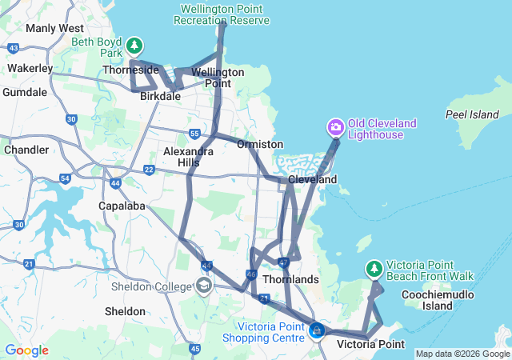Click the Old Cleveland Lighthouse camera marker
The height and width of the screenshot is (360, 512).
coord(336,127)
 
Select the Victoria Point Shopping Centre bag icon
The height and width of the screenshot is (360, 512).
coord(317,330)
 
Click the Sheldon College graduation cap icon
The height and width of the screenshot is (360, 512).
coord(204,286)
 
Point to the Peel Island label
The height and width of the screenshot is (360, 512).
coord(472,114)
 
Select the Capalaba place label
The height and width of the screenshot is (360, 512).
coord(120,206)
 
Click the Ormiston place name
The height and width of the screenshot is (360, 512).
coord(260,144)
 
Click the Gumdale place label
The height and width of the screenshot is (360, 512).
coord(24,93)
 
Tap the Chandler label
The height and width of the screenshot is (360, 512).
coord(26,150)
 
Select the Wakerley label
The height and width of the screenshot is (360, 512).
coord(30,69)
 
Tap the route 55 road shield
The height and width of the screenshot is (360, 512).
coord(194,133)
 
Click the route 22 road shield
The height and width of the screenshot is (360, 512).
coord(149,169)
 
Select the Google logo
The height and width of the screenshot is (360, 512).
coord(26,350)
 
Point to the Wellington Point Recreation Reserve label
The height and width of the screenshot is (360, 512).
coord(225,14)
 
